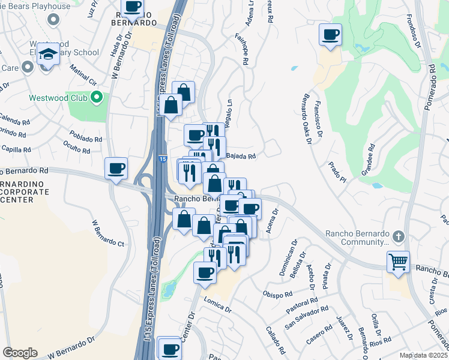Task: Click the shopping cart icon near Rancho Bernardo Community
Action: pyautogui.click(x=398, y=261)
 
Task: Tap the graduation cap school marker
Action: pyautogui.click(x=48, y=53)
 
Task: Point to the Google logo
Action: pyautogui.click(x=20, y=353)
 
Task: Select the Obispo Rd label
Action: pyautogui.click(x=277, y=295)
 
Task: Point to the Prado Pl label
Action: pyautogui.click(x=337, y=172)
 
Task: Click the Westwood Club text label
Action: pyautogui.click(x=58, y=97)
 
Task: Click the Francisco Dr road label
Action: pyautogui.click(x=324, y=127)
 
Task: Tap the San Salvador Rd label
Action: pyautogui.click(x=306, y=317)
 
